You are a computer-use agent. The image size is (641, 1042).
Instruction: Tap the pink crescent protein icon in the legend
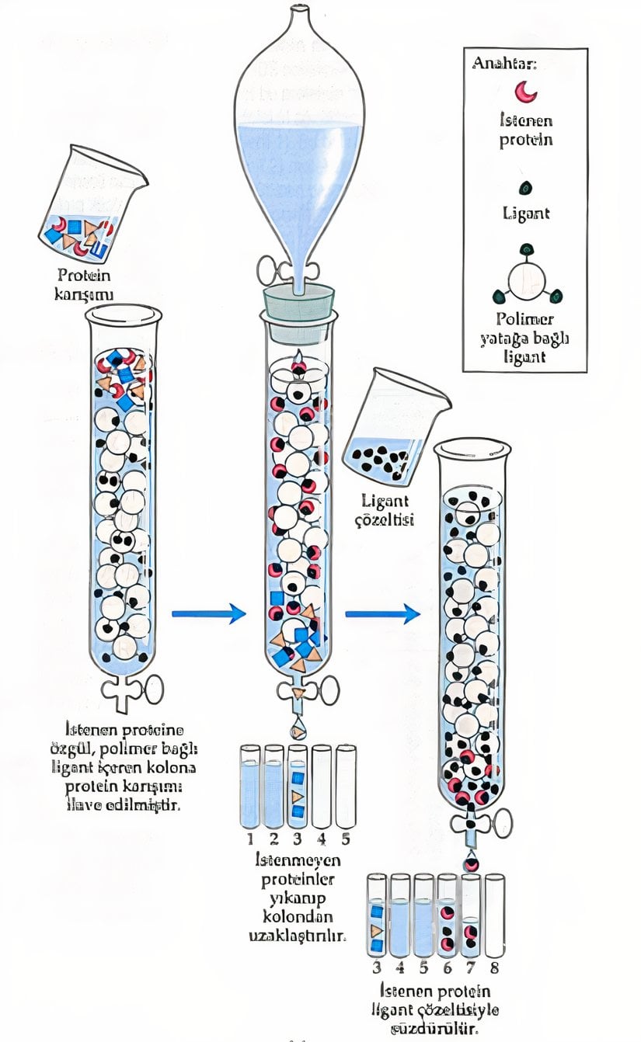[x=526, y=92]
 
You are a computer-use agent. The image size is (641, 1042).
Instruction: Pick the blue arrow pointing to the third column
[x=381, y=614]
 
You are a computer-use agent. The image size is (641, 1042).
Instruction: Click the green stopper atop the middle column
[x=300, y=303]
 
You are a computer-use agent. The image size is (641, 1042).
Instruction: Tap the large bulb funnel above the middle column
[x=299, y=132]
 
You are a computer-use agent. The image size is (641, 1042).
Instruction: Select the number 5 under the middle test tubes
[x=345, y=839]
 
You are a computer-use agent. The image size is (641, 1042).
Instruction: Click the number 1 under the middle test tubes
[x=250, y=839]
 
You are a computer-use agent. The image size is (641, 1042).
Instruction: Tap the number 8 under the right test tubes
[x=494, y=967]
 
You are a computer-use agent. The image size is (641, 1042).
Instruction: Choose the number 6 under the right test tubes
[x=447, y=967]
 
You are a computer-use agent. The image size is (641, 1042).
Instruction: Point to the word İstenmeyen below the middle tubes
[x=298, y=860]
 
